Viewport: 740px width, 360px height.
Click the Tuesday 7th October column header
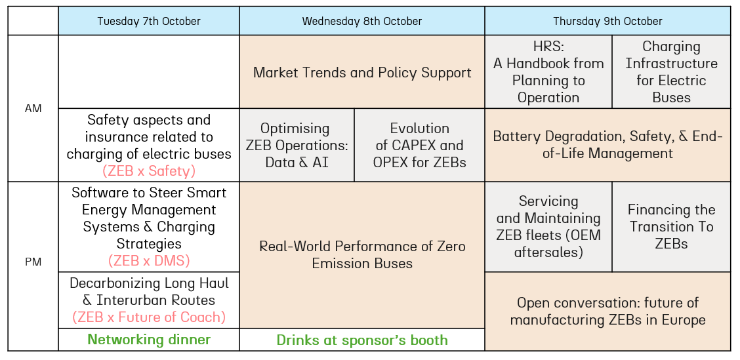(149, 21)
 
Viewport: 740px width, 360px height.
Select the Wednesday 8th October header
(362, 21)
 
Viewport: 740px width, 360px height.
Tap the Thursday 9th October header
(607, 21)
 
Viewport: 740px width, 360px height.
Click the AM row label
(33, 108)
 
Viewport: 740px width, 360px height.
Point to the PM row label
(33, 262)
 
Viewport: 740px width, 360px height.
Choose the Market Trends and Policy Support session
(362, 72)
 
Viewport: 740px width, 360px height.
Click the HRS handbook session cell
(548, 72)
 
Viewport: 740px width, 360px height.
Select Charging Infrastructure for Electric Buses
(671, 72)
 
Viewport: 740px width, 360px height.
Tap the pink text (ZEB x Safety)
(149, 170)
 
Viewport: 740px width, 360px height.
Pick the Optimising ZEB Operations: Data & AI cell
(297, 146)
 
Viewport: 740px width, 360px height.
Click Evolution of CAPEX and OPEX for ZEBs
(420, 146)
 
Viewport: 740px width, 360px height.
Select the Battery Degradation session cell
(607, 146)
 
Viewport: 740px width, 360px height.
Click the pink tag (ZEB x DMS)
(149, 260)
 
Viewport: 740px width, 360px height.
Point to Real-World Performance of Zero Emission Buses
(362, 255)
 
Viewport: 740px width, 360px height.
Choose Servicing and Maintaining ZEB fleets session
(548, 227)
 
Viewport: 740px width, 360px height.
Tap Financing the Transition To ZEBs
(671, 227)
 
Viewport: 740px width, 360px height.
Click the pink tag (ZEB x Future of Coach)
(149, 317)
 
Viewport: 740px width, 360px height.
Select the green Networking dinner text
(149, 339)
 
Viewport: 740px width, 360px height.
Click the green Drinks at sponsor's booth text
(362, 340)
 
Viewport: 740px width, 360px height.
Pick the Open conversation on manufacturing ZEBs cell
(607, 311)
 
